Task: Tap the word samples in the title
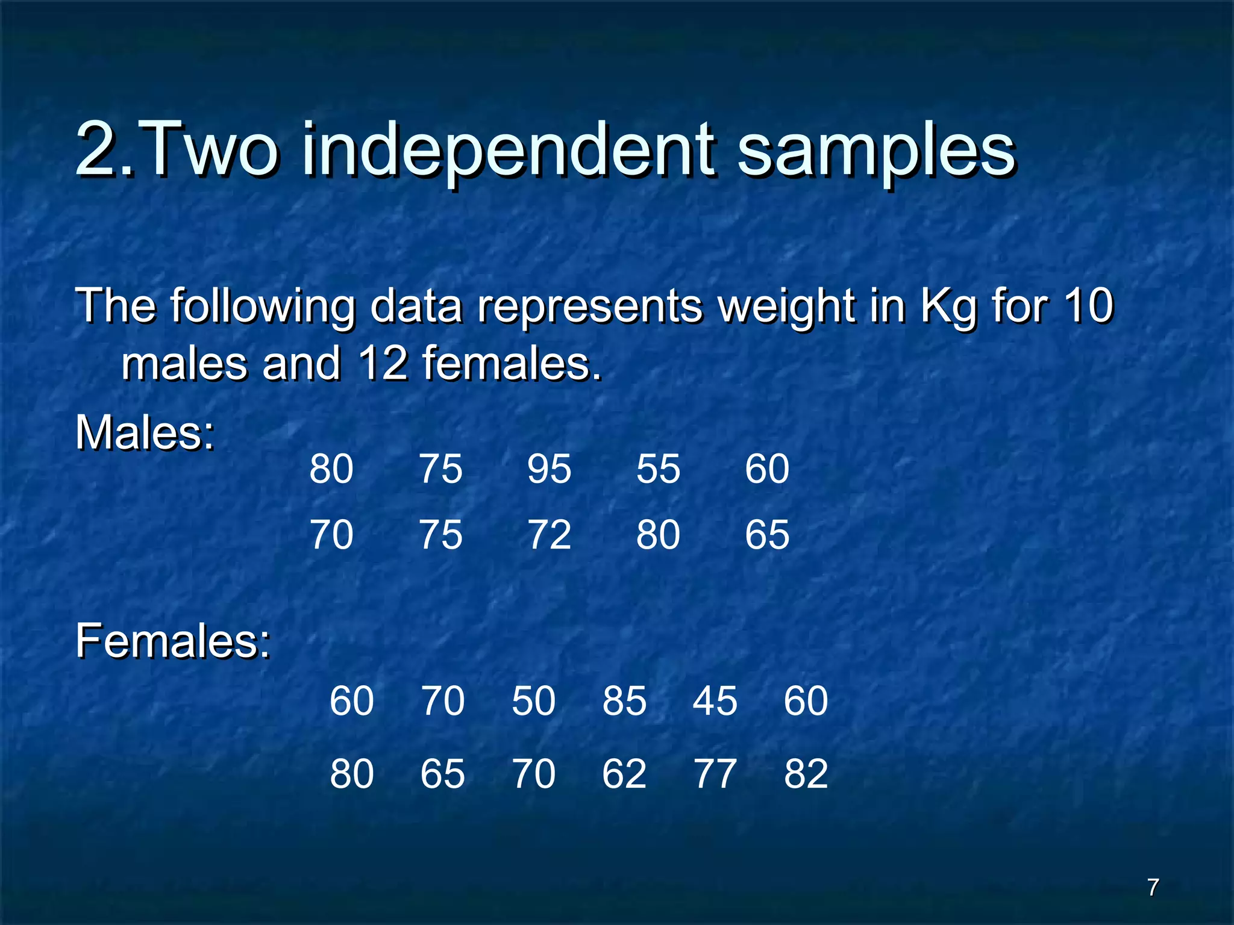click(x=877, y=151)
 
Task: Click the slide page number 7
click(x=1153, y=887)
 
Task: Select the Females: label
click(x=173, y=641)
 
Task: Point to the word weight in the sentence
click(x=786, y=306)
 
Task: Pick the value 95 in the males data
click(x=549, y=469)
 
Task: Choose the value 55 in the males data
click(x=658, y=469)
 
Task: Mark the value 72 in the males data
click(x=549, y=535)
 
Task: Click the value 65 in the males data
click(x=766, y=535)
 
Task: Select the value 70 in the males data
click(x=331, y=535)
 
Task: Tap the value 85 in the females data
click(x=624, y=701)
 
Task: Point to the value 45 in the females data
click(x=715, y=701)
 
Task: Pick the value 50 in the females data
click(x=533, y=701)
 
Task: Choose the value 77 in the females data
click(x=715, y=774)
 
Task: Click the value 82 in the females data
click(x=806, y=774)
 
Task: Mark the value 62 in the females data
click(x=624, y=774)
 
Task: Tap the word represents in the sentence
click(x=590, y=306)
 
